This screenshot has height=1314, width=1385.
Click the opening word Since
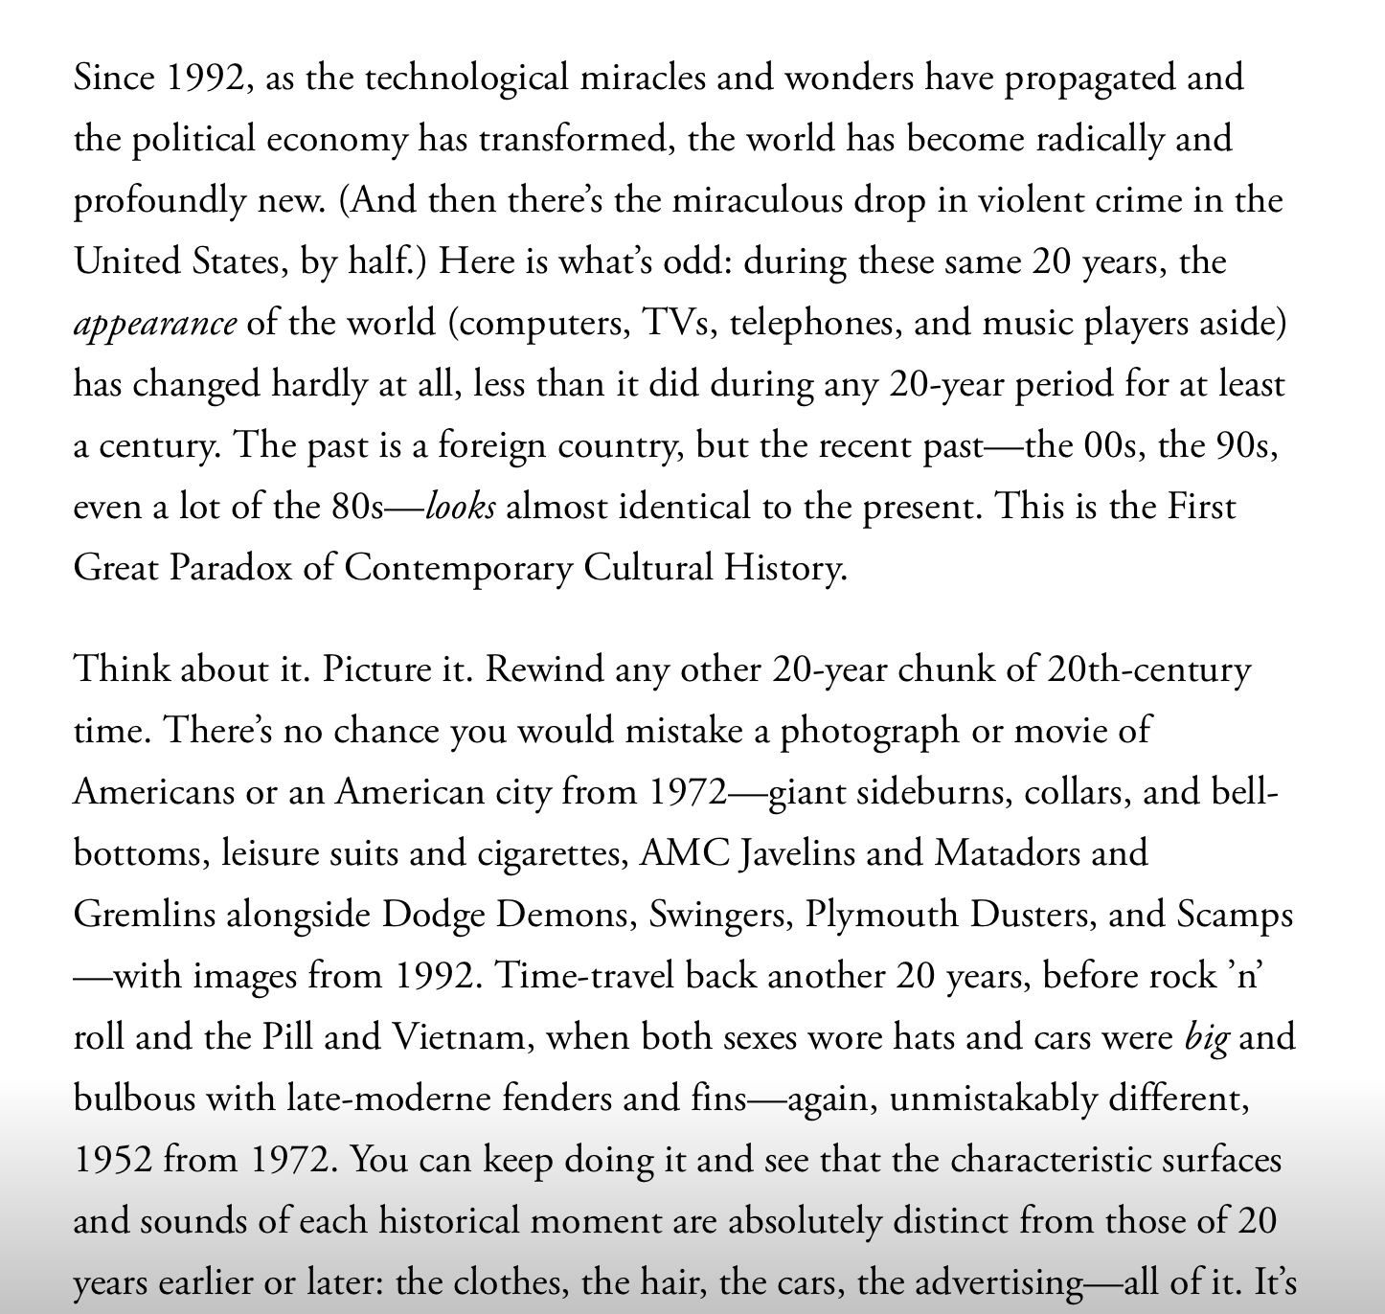click(x=114, y=78)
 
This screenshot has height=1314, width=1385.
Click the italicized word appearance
click(x=154, y=324)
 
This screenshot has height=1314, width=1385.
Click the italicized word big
click(x=1206, y=1038)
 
